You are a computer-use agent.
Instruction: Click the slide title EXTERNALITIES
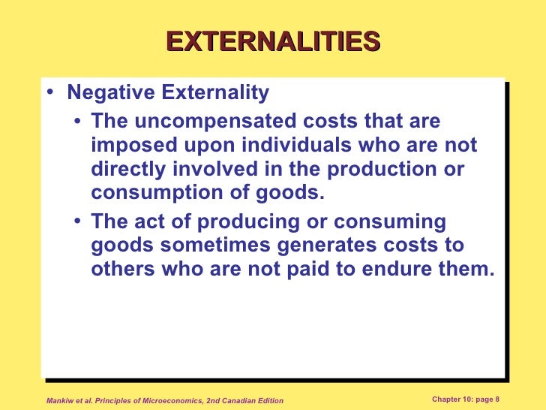[273, 41]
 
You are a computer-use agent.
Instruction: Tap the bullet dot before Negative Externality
[49, 94]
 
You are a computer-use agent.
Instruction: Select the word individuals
[306, 145]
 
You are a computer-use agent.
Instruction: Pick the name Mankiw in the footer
[61, 400]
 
